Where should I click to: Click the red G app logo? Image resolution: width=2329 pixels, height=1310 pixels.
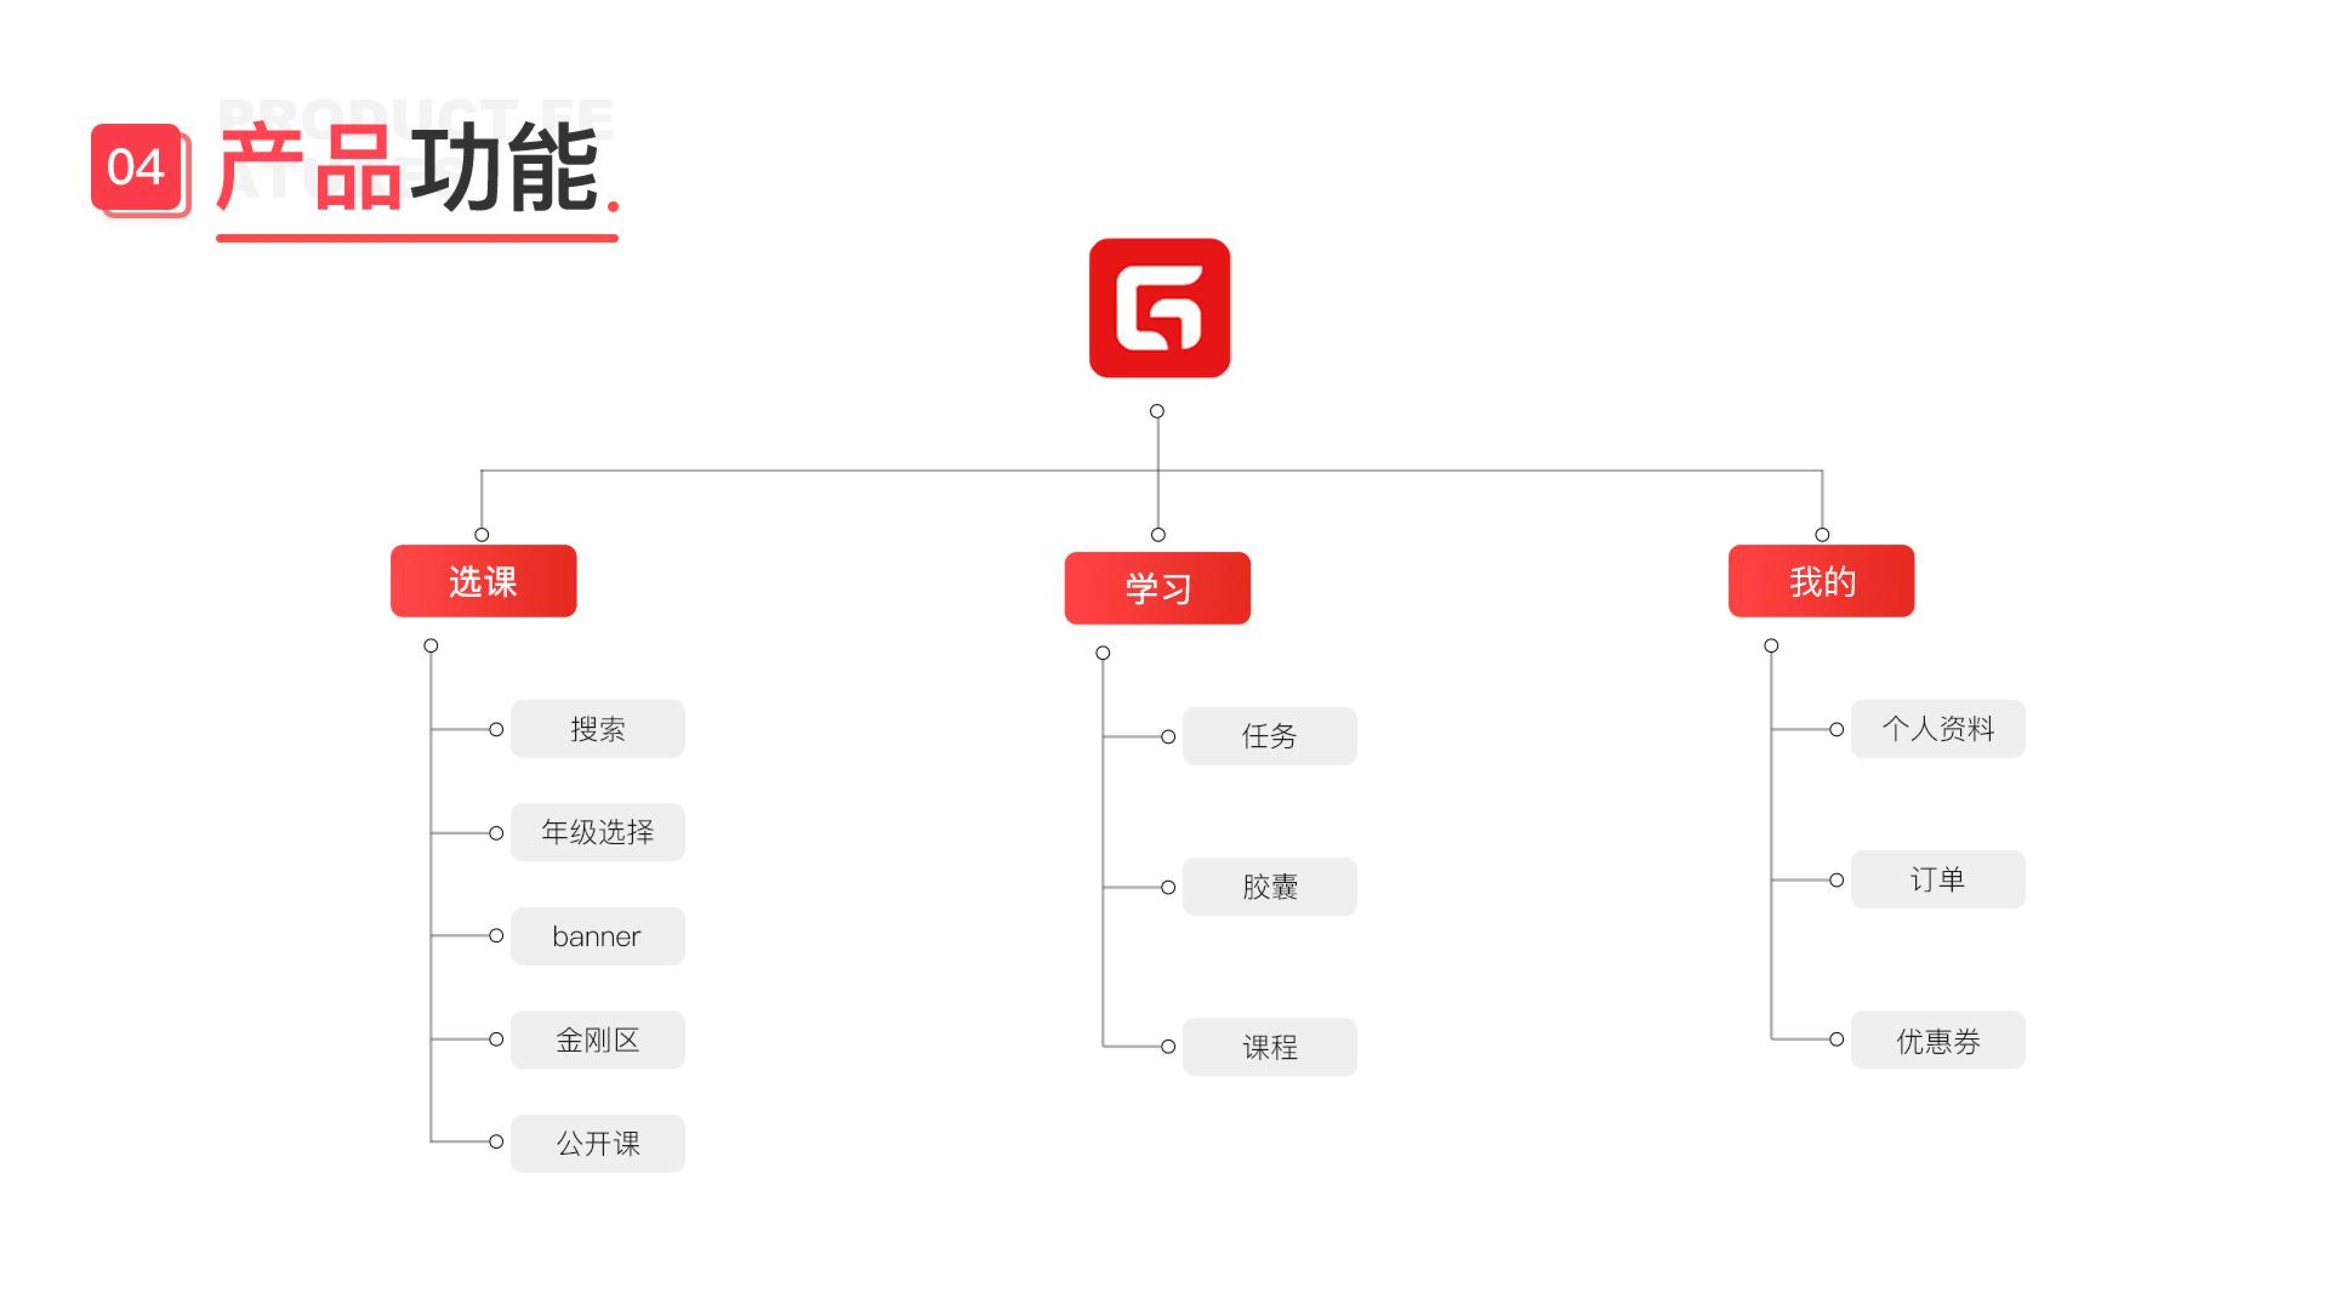coord(1159,308)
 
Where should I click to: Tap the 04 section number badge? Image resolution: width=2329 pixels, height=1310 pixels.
coord(136,167)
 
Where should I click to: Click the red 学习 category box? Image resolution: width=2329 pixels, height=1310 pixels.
coord(1157,589)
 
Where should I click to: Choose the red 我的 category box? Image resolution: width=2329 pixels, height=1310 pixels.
coord(1821,581)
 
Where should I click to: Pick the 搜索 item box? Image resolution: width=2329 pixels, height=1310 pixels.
coord(598,729)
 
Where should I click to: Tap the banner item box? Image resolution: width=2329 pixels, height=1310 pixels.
coord(598,936)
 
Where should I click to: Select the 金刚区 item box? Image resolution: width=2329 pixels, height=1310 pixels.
coord(598,1040)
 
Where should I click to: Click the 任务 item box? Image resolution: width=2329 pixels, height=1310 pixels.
coord(1269,736)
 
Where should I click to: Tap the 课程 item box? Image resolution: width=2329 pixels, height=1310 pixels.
coord(1269,1047)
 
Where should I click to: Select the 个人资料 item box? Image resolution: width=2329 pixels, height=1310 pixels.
coord(1937,729)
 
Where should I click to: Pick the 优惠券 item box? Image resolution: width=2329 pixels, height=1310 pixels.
coord(1937,1040)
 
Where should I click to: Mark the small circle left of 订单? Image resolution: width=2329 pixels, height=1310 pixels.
coord(1836,880)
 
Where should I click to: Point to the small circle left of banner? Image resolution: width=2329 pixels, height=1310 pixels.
coord(496,936)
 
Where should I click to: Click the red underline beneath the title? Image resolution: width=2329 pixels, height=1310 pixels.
coord(417,238)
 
